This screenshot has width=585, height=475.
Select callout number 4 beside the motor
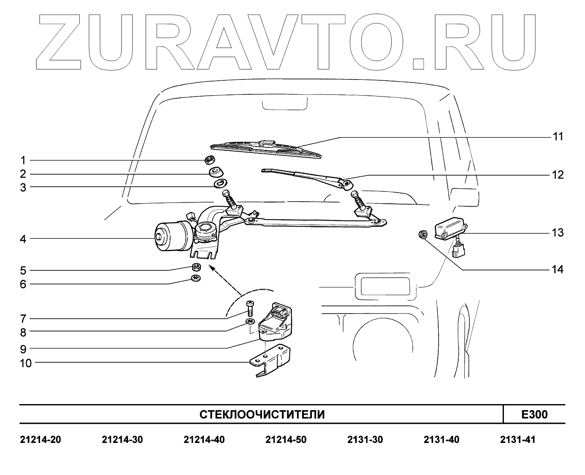[x=23, y=239]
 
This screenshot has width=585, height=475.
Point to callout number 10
[x=26, y=363]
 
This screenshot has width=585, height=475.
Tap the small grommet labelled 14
[x=423, y=234]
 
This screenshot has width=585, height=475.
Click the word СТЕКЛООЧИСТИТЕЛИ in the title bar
[x=262, y=414]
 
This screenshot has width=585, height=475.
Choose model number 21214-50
[x=285, y=440]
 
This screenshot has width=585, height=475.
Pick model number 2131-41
[x=517, y=440]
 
